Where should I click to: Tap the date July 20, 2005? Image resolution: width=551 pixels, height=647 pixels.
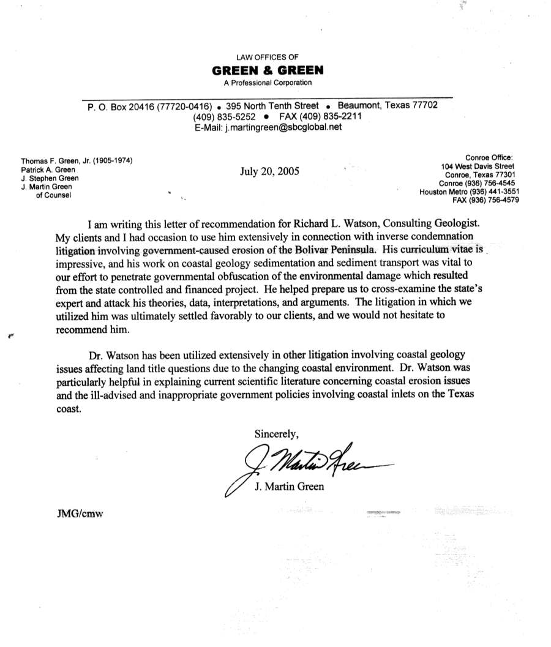point(270,171)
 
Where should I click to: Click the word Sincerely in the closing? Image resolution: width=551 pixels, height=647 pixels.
point(277,434)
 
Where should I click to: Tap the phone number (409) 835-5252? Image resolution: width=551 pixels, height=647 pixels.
point(224,116)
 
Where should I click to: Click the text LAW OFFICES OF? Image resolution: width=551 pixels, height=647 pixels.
point(270,57)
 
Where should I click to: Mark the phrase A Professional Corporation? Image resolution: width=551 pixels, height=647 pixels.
point(270,83)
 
